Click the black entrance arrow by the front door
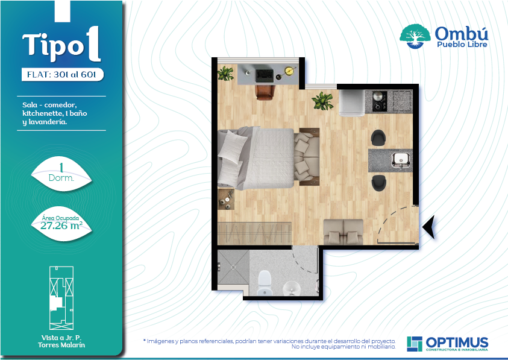[429, 227]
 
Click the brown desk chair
[265, 92]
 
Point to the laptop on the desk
[265, 75]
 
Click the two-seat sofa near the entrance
[343, 232]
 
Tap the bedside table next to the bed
[226, 199]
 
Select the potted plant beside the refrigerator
[322, 101]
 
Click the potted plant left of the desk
[225, 74]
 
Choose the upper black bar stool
[378, 137]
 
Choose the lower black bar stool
[378, 183]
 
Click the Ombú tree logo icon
[415, 36]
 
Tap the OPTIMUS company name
[457, 342]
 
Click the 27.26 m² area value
[61, 226]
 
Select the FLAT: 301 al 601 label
[61, 75]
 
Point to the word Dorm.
[61, 178]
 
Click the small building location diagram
[61, 298]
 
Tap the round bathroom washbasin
[291, 288]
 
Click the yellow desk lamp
[288, 71]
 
